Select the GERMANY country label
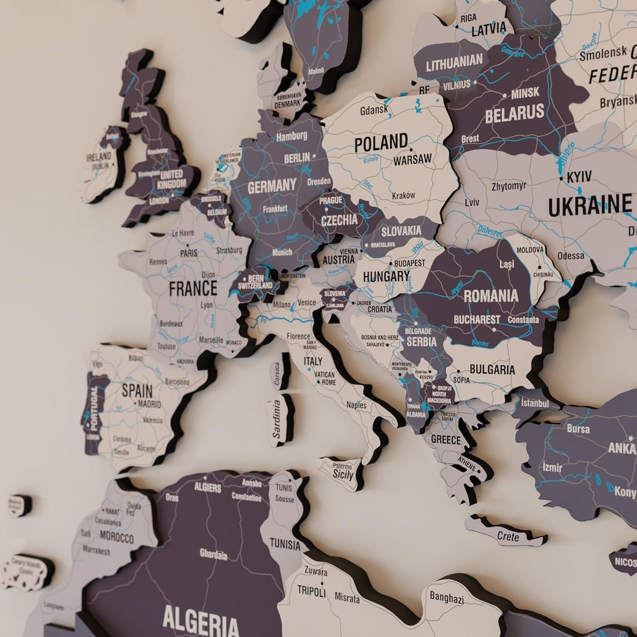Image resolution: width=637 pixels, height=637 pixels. tap(272, 186)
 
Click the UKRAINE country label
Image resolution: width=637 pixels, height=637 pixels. tap(589, 206)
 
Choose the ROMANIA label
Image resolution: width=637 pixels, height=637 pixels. tap(490, 296)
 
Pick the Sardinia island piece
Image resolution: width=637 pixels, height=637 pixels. tap(278, 420)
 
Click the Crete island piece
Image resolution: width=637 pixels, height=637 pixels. tap(508, 536)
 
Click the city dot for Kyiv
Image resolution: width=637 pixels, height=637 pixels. tap(561, 179)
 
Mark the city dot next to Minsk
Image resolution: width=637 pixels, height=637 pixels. tap(505, 96)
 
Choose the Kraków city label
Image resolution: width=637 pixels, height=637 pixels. tap(403, 196)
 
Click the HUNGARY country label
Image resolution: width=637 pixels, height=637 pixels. tap(386, 277)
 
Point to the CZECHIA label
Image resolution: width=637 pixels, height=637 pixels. tap(339, 220)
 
